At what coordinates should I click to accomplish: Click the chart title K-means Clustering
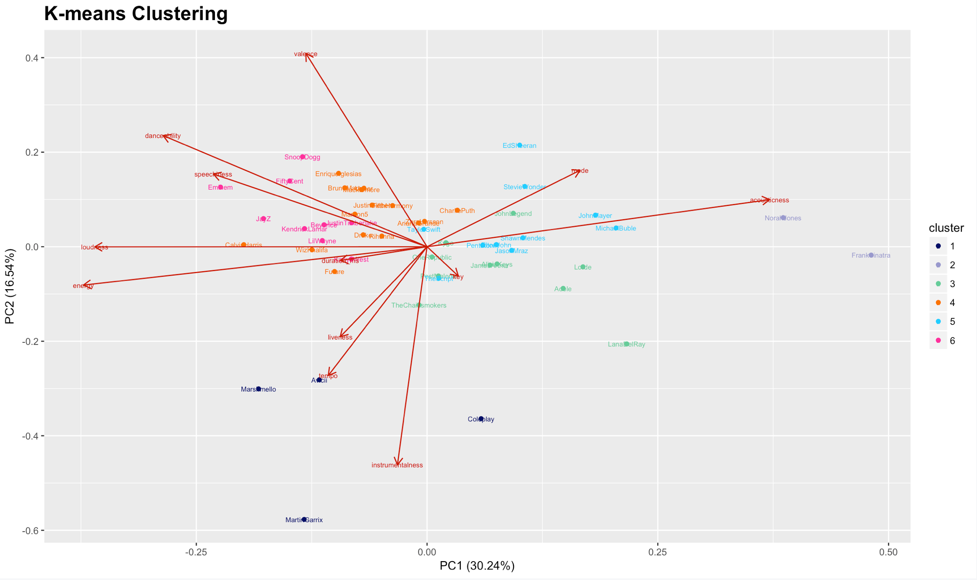coord(136,13)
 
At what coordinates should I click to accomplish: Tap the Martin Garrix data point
coord(304,520)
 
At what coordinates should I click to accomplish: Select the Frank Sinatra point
coord(871,255)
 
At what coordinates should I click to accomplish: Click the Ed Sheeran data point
coord(520,145)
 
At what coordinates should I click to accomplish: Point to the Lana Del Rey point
coord(627,344)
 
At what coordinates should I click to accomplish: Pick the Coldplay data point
coord(481,419)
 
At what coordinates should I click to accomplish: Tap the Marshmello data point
coord(259,389)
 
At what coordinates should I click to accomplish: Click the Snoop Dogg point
coord(303,157)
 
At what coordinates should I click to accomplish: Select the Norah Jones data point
coord(783,218)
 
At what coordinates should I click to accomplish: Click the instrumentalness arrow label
coord(397,465)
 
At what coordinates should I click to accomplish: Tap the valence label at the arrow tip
coord(306,54)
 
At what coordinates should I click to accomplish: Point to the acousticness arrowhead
coord(769,200)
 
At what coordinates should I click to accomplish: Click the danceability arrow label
coord(163,136)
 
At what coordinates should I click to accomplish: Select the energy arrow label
coord(83,286)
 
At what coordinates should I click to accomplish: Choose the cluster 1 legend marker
coord(938,246)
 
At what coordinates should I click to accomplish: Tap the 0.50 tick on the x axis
coord(888,552)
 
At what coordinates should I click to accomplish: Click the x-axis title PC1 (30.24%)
coord(477,566)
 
